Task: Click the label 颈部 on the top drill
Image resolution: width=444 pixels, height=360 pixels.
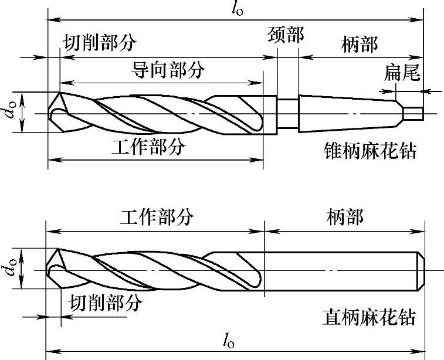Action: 286,35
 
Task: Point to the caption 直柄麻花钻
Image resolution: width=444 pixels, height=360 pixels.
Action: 369,317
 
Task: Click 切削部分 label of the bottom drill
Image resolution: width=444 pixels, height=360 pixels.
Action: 106,303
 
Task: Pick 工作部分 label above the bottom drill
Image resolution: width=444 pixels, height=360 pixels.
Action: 157,218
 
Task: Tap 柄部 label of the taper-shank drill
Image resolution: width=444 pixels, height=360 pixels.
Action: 359,43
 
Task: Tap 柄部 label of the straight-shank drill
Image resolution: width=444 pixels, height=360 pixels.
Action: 344,218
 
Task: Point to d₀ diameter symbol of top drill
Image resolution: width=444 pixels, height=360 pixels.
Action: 11,113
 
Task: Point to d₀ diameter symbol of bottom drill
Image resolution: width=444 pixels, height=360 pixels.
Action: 11,270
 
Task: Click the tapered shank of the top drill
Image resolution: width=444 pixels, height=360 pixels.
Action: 346,113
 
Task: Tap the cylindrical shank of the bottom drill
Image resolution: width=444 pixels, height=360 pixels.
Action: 340,270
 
